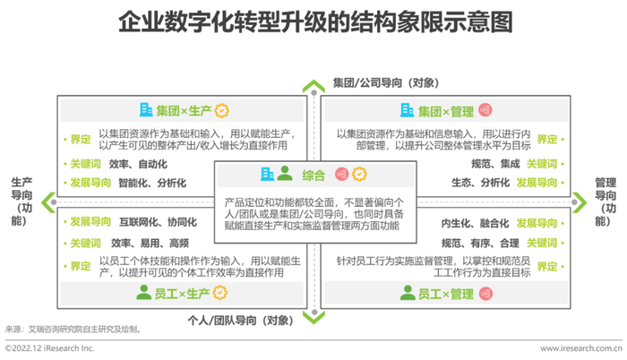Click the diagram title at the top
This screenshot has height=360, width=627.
tap(315, 21)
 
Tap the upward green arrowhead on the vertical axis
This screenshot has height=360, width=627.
tap(313, 85)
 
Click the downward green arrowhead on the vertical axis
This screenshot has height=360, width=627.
tap(313, 318)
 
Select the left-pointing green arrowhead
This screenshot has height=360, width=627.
tap(48, 202)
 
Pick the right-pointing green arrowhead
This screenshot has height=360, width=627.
tap(580, 202)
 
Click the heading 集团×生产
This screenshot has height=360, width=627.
tap(184, 111)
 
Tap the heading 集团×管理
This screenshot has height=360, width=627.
tap(446, 112)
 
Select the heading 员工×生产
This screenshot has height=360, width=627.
tap(182, 294)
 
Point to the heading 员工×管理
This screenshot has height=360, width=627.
tap(446, 295)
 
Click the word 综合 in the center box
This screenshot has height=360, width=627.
tap(313, 176)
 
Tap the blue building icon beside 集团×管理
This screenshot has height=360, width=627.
tap(407, 110)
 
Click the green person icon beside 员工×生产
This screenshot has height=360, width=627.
tap(143, 293)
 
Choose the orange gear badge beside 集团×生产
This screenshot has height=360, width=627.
tap(222, 110)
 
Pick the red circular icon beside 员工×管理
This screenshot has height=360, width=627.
tap(485, 294)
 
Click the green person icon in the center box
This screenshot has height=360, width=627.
tap(285, 173)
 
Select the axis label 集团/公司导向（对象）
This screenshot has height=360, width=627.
tap(386, 82)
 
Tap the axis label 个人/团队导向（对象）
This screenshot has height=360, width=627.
tap(241, 321)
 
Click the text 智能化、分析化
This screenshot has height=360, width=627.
tap(152, 184)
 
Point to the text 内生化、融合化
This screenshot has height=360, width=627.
tap(476, 223)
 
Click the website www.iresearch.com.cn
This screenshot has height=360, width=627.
tap(581, 348)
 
